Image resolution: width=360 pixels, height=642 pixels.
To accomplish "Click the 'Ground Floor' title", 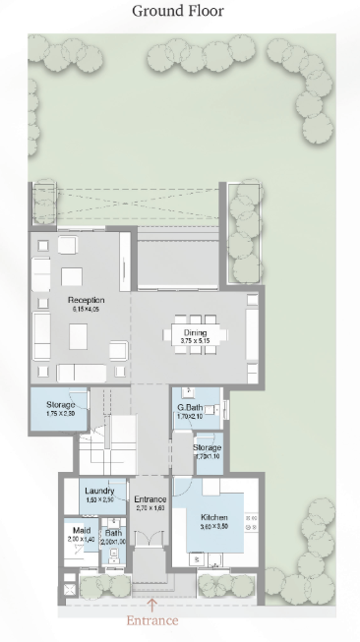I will [x=179, y=12].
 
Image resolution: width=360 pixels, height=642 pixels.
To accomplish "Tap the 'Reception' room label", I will [x=87, y=299].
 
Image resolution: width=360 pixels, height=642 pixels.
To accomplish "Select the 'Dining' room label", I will [x=196, y=332].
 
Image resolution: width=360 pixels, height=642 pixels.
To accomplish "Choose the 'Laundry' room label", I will [x=99, y=491].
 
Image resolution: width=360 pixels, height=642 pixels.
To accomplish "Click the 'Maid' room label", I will [x=81, y=531].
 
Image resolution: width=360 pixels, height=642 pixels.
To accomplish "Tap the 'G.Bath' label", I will [x=189, y=407].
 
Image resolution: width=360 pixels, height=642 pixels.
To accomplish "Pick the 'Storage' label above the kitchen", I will [x=207, y=447].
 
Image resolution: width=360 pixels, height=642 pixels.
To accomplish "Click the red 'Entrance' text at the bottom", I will [x=151, y=620].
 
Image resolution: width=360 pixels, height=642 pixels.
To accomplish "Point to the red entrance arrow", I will [x=151, y=604].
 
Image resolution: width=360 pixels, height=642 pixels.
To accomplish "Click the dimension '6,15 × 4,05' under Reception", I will [x=87, y=309].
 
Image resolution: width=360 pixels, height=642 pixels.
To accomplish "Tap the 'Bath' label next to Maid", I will [x=113, y=532].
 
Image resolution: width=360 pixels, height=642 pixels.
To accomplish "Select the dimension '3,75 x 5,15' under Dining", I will [x=196, y=341].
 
